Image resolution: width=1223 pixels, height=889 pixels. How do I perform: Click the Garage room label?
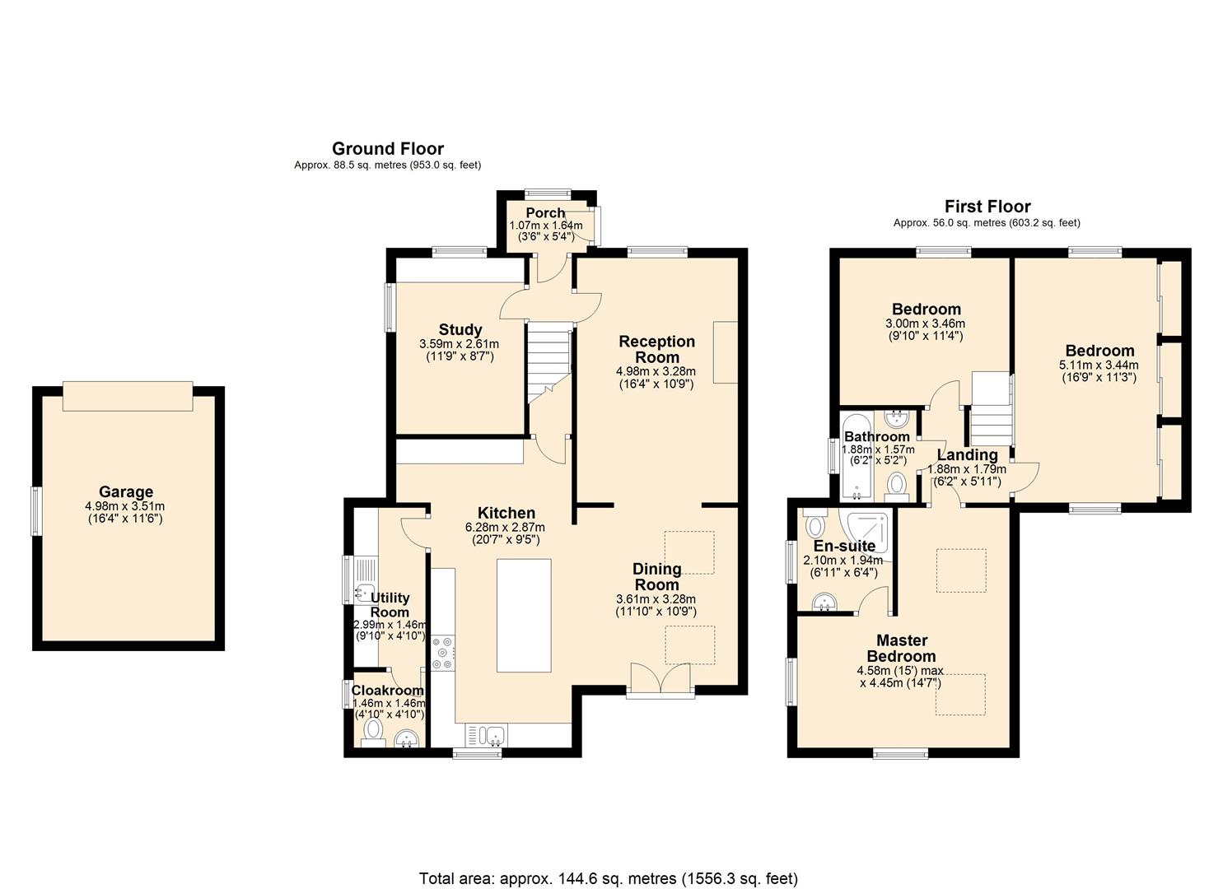click(125, 492)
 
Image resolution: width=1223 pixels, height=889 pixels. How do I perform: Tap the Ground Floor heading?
click(388, 148)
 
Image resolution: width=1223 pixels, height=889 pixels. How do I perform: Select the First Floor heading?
click(987, 207)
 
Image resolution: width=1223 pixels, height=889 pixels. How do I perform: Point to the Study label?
click(460, 329)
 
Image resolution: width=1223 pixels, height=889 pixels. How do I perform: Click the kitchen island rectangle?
click(524, 615)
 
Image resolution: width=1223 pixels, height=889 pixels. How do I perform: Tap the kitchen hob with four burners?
click(442, 653)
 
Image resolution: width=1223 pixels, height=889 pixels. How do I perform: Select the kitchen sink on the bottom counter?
click(486, 735)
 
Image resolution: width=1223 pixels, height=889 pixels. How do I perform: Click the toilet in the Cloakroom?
click(373, 732)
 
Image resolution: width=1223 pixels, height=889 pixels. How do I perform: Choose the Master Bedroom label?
click(902, 649)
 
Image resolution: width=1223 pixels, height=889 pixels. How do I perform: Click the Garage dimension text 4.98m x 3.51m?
click(125, 506)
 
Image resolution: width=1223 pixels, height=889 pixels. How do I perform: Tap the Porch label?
click(545, 213)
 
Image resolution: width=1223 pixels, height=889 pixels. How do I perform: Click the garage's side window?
click(36, 511)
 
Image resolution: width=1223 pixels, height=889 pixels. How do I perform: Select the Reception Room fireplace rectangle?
click(726, 352)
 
